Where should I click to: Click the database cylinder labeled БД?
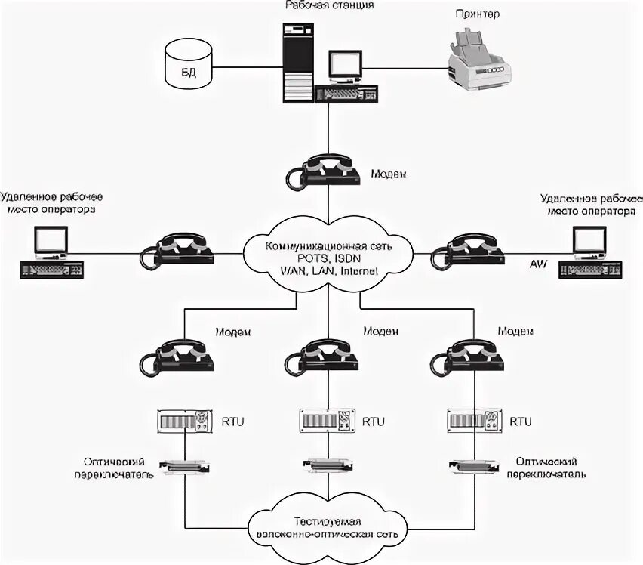[189, 64]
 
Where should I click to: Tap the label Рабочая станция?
[329, 5]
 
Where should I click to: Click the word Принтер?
[478, 14]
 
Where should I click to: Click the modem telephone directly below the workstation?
[325, 175]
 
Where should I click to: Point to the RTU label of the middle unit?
[373, 421]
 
